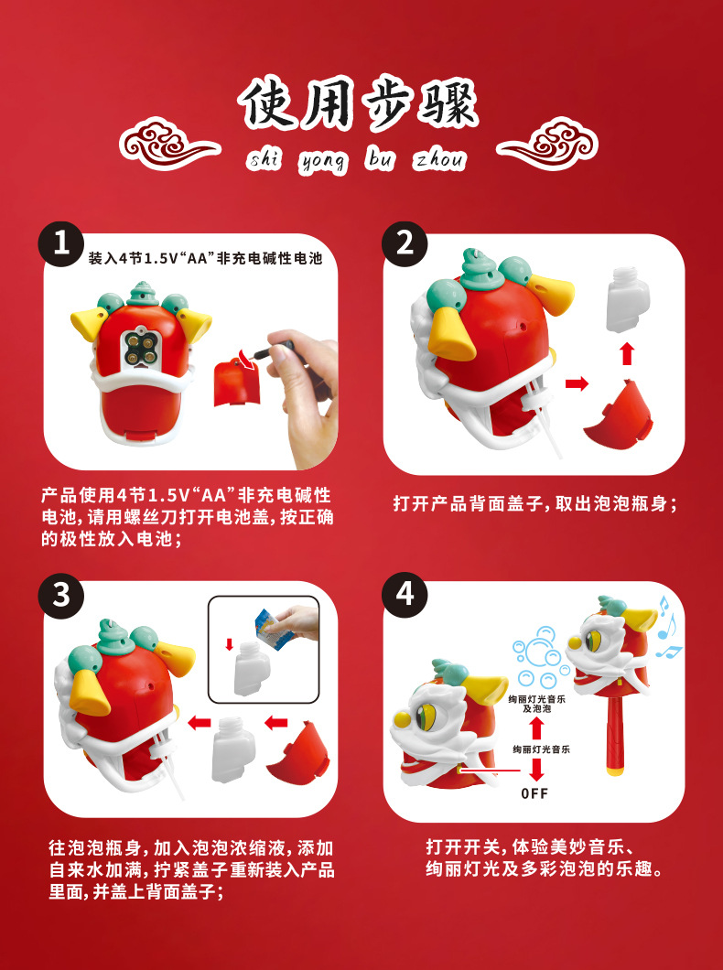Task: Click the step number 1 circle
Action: tap(61, 243)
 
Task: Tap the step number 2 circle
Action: tap(405, 243)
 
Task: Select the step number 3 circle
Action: tap(61, 595)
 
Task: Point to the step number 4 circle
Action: tap(405, 595)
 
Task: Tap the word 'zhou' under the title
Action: tap(439, 160)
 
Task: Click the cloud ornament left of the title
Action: tap(169, 145)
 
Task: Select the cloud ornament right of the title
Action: tap(547, 145)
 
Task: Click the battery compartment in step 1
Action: tap(138, 350)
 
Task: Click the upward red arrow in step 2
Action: tap(627, 354)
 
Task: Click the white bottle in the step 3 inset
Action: tap(251, 667)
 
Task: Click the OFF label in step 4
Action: tap(534, 793)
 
